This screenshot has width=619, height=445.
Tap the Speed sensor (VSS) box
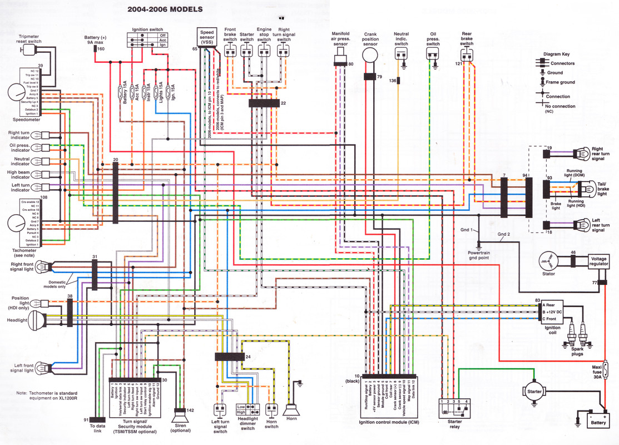(206, 37)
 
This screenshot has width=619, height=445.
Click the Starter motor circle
(533, 392)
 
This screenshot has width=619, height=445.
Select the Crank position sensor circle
(370, 56)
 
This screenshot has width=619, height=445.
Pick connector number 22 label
(283, 103)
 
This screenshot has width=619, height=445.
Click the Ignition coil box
(552, 311)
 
